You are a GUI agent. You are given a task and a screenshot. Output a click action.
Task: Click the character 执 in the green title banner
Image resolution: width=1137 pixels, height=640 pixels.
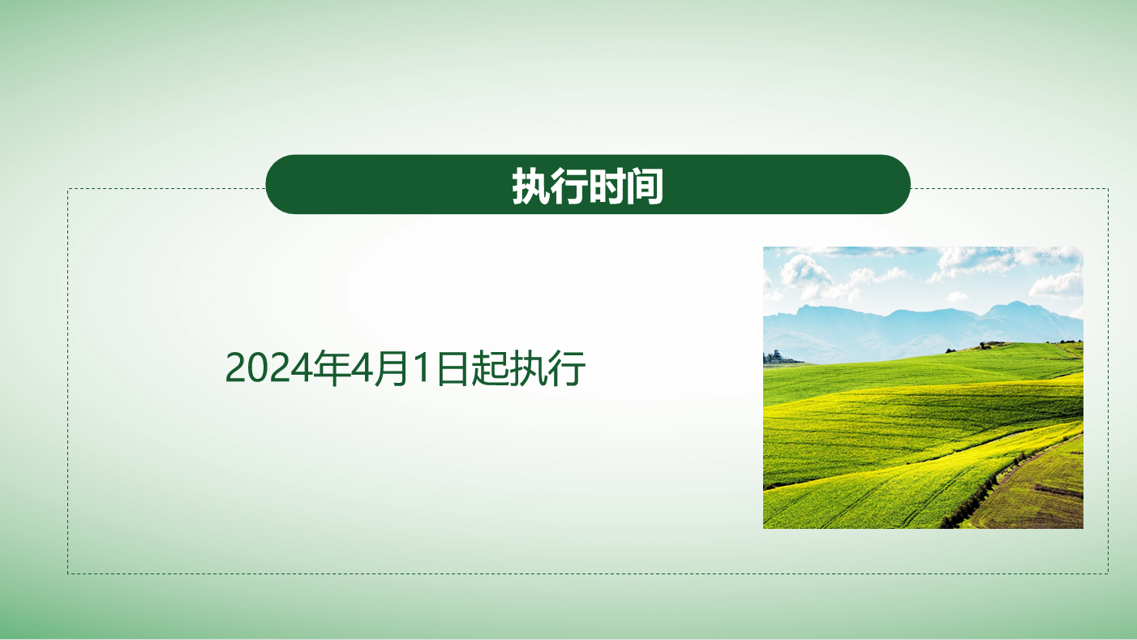pos(531,187)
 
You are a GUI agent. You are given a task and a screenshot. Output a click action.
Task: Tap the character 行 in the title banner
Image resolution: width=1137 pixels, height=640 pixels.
pos(569,187)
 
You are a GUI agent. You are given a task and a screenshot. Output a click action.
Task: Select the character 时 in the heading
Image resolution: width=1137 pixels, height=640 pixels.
pos(607,187)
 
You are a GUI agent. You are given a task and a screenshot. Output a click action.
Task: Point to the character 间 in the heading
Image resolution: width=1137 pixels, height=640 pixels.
pos(644,187)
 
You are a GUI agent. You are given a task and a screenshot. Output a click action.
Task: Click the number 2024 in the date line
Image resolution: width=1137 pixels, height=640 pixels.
pos(268,368)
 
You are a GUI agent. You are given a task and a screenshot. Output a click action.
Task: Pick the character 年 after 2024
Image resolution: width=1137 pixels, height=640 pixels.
pos(331,368)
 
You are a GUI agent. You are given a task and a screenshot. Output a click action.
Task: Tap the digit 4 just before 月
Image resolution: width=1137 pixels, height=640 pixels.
pos(362,368)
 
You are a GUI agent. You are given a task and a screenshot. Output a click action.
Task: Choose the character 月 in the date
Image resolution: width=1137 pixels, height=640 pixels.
pos(392,368)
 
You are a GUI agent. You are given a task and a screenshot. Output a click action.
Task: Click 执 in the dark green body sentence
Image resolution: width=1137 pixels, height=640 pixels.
pos(529,368)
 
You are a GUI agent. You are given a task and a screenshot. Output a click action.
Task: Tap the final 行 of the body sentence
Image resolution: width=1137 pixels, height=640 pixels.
pos(567,368)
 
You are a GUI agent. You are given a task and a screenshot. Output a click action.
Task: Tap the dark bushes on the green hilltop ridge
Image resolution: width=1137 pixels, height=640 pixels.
pos(985,346)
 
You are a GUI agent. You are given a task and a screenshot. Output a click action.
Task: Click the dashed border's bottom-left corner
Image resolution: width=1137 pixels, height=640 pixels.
pos(68,574)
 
